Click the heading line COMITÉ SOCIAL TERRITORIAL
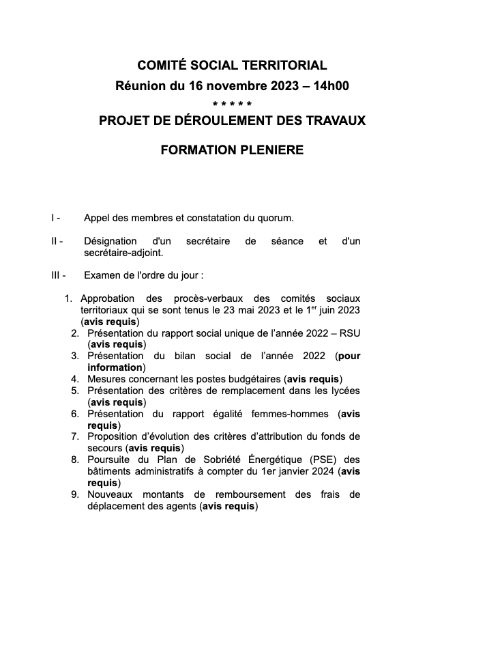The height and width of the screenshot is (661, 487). [x=232, y=66]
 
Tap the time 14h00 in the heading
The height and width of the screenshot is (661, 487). [x=331, y=86]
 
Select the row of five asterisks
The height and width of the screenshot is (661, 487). [x=232, y=104]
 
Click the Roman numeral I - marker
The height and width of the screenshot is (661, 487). [x=55, y=219]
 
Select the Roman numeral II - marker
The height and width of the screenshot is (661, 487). [x=57, y=241]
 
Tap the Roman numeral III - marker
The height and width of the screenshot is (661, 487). [x=58, y=275]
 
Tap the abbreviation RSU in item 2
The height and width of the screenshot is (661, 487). [x=349, y=333]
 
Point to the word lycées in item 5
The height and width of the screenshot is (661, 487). [x=344, y=391]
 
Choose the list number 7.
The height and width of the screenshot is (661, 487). [x=74, y=436]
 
